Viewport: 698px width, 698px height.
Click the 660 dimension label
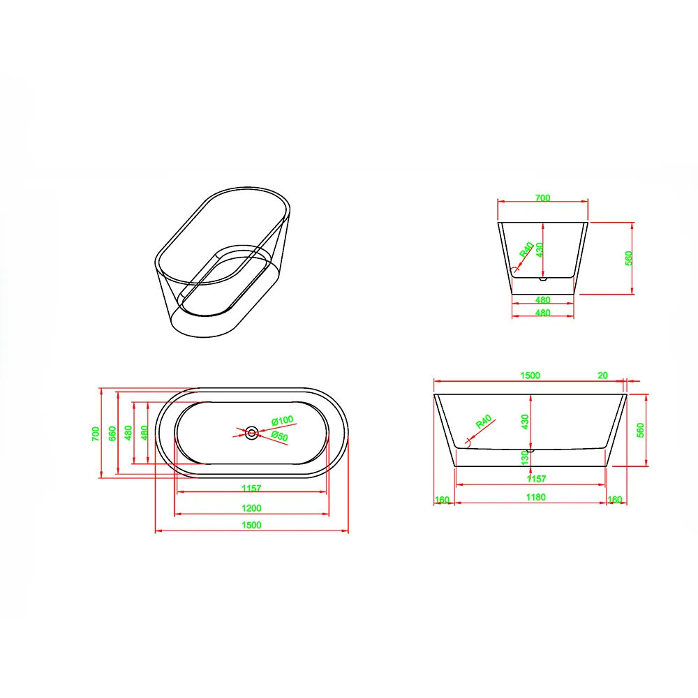click(112, 433)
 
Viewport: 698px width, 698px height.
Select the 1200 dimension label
click(251, 508)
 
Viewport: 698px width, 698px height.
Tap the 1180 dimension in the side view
click(535, 497)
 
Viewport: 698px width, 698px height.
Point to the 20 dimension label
click(602, 376)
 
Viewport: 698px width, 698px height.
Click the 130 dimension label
click(526, 458)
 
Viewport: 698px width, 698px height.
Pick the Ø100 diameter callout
click(283, 420)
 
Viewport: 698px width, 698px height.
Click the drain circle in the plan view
click(252, 433)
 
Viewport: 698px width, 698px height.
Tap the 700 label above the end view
click(542, 198)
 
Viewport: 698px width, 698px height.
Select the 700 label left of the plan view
click(96, 433)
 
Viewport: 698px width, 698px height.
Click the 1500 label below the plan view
click(251, 525)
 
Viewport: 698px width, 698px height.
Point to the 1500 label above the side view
click(530, 376)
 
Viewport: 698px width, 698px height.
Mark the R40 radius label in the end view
click(526, 250)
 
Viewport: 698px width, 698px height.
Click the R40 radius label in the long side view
click(484, 421)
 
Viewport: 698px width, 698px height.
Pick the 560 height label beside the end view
click(629, 258)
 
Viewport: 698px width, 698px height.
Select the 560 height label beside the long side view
click(640, 430)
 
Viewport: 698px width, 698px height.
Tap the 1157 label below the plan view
click(251, 489)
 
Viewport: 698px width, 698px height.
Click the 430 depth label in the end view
click(540, 250)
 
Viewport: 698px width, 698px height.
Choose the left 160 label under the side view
click(442, 500)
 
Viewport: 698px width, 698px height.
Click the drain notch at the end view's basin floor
click(542, 280)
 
